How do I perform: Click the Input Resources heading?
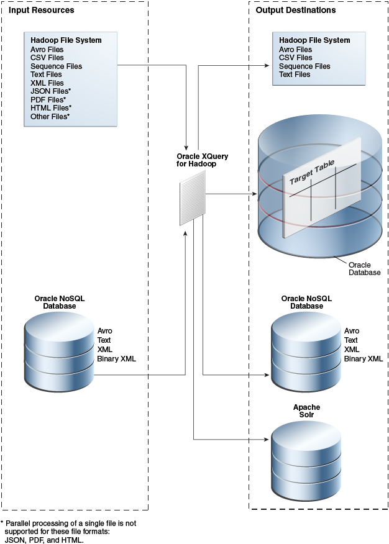41,10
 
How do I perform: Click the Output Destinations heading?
296,10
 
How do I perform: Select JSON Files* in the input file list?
51,91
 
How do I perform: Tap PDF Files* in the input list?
48,99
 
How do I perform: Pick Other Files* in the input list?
50,117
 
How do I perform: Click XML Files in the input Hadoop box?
47,83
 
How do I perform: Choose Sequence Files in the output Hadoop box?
304,66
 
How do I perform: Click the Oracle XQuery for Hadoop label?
203,160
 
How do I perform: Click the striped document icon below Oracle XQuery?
193,198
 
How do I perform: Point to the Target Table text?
312,172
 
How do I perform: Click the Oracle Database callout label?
364,269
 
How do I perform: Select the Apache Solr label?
307,410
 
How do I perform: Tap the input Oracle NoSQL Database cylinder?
59,351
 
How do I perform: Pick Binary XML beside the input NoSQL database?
117,359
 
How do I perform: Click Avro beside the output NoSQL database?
352,330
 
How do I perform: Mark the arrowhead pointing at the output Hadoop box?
267,65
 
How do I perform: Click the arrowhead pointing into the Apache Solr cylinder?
267,440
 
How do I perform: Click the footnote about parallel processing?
68,531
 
